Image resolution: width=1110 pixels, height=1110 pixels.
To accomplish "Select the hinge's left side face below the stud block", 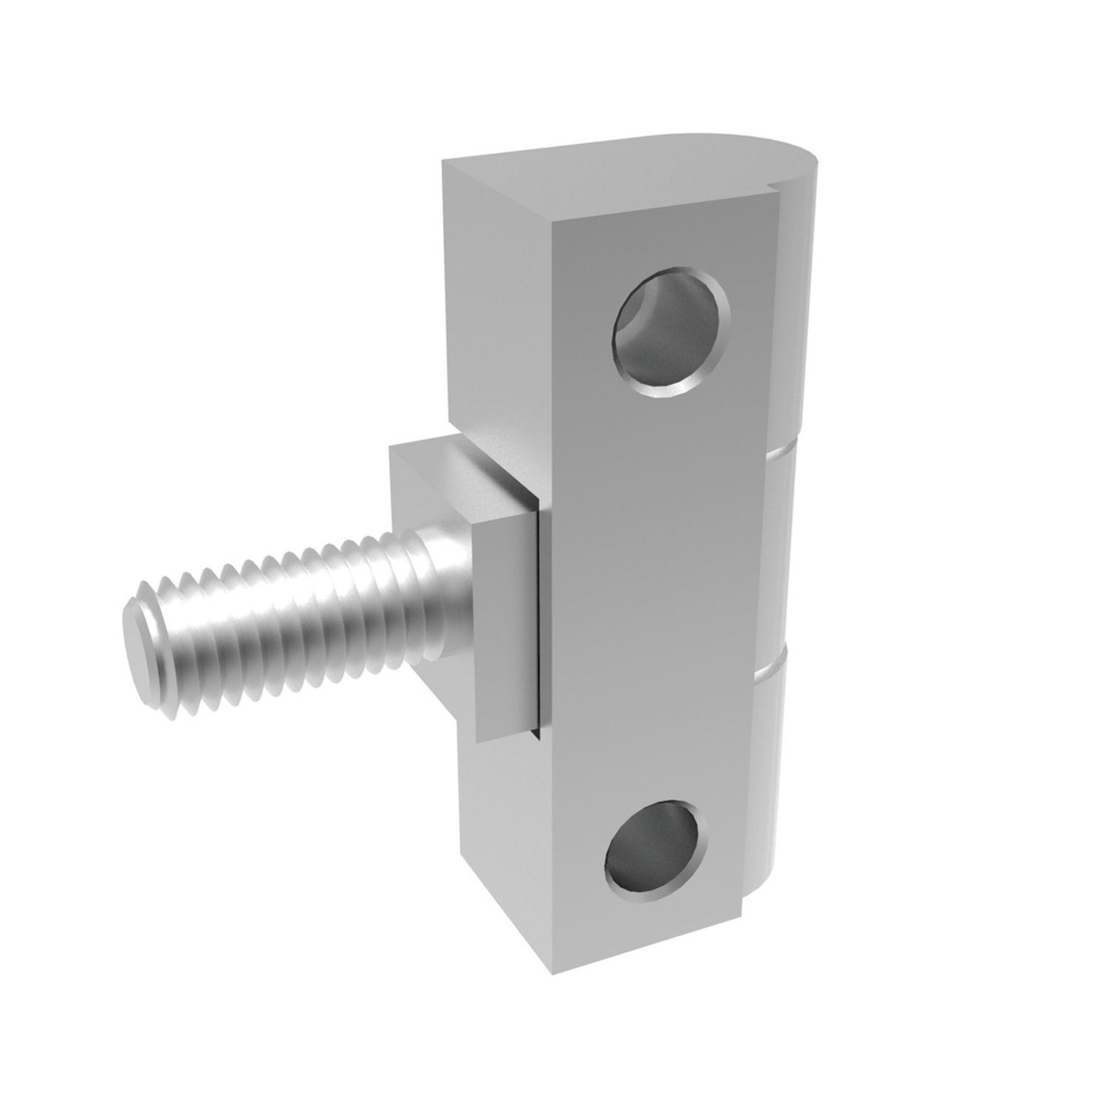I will (503, 851).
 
